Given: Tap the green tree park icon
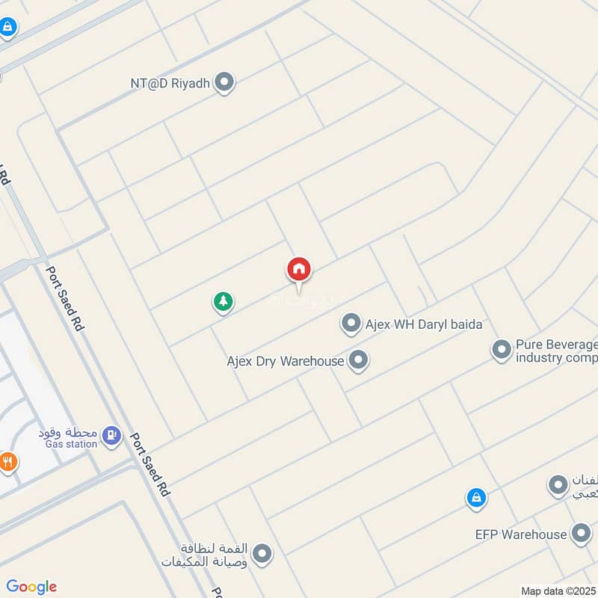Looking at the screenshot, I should (x=223, y=302).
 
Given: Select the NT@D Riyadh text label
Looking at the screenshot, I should (x=170, y=82).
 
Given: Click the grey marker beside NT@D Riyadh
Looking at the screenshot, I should (x=224, y=82).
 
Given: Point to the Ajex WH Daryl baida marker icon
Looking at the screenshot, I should (x=351, y=324).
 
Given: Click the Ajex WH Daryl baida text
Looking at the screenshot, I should (x=424, y=324).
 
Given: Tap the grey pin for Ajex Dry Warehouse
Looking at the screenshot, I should (x=359, y=361).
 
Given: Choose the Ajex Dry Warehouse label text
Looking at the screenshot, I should (x=286, y=361).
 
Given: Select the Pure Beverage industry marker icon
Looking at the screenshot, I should (x=501, y=350).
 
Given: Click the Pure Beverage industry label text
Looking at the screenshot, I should (x=557, y=351).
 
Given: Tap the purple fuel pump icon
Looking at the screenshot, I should (x=111, y=434).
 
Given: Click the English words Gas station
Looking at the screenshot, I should (x=71, y=444).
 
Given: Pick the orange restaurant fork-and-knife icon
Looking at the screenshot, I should (x=7, y=461).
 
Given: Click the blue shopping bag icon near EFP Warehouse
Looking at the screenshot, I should (x=476, y=497).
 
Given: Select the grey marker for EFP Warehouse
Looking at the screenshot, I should (x=580, y=534).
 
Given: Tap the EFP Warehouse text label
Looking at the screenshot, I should (x=521, y=534).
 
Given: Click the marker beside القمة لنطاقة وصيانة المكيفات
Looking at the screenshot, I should (x=262, y=554).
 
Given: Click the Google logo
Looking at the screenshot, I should (x=31, y=587).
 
